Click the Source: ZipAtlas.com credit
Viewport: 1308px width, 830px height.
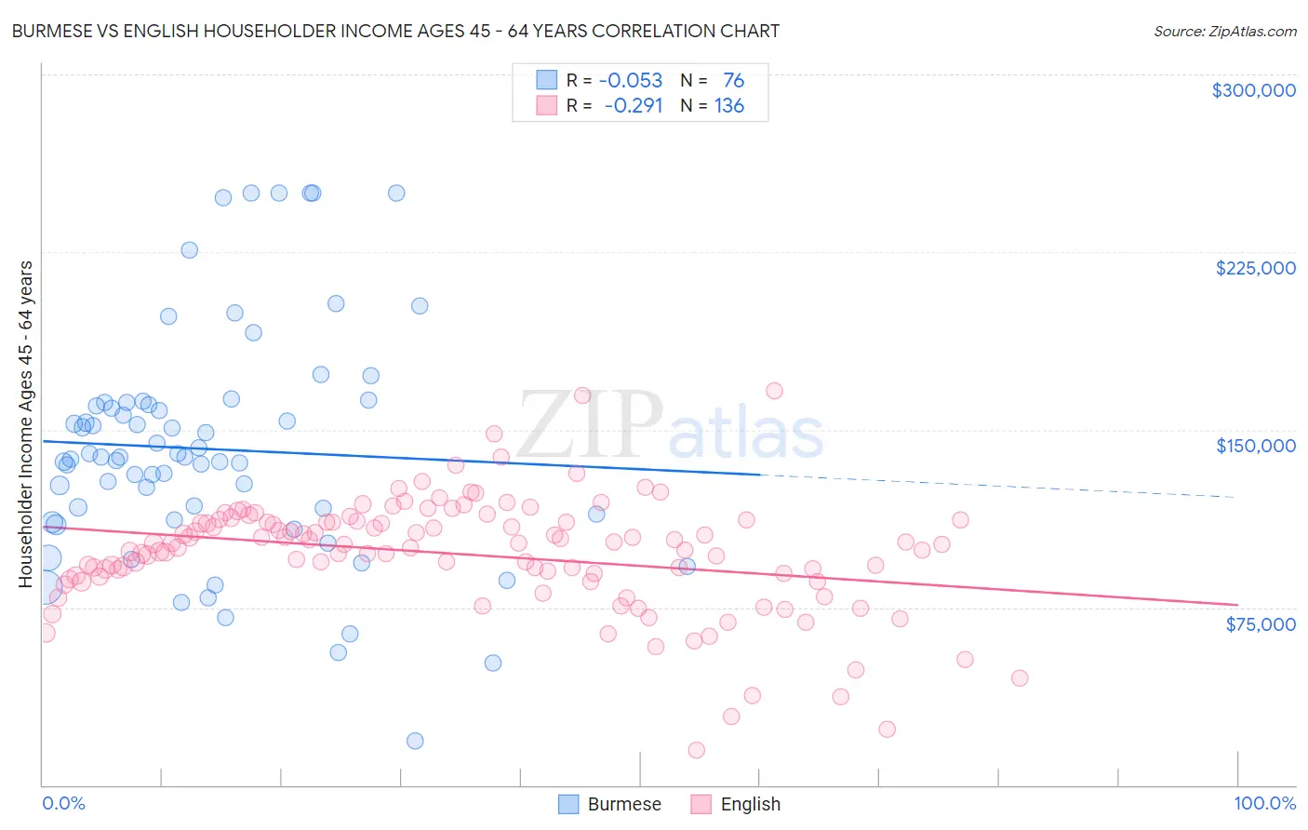coord(1224,31)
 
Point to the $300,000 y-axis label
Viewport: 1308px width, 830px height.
coord(1253,90)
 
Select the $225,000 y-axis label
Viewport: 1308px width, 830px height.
coord(1255,268)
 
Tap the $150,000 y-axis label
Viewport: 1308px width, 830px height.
coord(1255,446)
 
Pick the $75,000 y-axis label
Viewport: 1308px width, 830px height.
coord(1260,624)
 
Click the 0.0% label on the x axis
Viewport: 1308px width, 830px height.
coord(63,803)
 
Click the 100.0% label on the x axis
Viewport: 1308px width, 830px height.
coord(1264,803)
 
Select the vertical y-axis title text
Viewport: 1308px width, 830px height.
coord(26,424)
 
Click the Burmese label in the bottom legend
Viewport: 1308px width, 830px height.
coord(623,804)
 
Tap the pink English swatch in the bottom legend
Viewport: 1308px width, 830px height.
coord(701,804)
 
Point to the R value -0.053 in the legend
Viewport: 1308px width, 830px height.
coord(630,80)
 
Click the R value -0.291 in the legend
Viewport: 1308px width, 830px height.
coord(633,105)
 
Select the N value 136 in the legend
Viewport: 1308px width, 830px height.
coord(728,105)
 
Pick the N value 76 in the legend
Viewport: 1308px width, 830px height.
coord(733,80)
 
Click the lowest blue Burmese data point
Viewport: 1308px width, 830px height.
coord(415,741)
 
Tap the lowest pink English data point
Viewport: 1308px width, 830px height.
coord(696,750)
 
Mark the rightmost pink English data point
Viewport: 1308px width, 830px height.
coord(1020,678)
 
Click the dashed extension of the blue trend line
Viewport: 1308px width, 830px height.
coord(995,487)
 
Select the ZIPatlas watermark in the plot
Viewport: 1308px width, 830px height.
coord(670,426)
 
